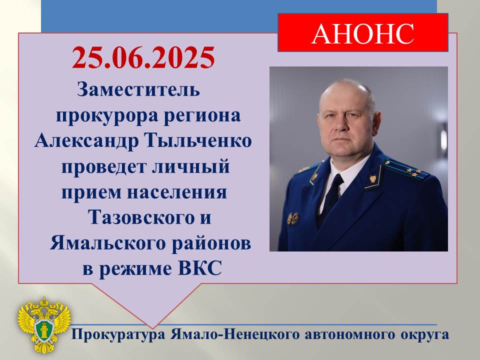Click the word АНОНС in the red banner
point(363,33)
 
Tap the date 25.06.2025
point(143,57)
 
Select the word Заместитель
point(138,89)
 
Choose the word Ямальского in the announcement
point(108,243)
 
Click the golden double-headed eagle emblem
point(44,325)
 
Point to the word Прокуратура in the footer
point(119,334)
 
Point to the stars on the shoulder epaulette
point(414,171)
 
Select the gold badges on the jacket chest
point(293,218)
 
